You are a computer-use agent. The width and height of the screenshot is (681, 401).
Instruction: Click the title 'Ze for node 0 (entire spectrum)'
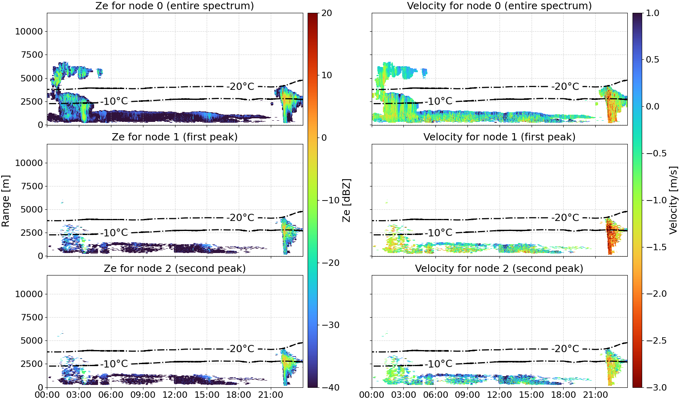[175, 6]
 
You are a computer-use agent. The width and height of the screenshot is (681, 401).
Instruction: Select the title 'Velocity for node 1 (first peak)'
[500, 137]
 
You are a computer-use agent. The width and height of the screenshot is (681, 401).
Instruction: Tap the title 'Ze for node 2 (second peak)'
[175, 268]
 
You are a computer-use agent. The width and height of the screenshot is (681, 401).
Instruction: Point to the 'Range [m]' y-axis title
[6, 201]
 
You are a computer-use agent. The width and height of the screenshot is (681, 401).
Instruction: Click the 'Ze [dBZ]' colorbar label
[346, 200]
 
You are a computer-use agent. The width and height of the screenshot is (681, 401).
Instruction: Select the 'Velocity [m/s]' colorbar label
[673, 200]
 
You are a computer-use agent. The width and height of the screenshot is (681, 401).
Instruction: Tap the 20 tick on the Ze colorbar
[326, 13]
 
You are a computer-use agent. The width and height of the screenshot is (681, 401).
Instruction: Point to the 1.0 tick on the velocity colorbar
[653, 13]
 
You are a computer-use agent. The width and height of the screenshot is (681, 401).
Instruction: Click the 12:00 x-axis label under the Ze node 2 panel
[175, 395]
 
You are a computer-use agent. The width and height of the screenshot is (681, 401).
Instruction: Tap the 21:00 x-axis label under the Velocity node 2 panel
[595, 395]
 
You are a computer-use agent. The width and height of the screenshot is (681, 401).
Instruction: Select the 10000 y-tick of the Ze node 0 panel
[29, 31]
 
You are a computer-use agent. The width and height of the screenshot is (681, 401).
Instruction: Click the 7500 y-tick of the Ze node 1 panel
[32, 186]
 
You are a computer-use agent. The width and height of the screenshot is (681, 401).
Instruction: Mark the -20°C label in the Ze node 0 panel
[240, 86]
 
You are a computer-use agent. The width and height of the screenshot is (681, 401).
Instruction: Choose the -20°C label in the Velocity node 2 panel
[565, 348]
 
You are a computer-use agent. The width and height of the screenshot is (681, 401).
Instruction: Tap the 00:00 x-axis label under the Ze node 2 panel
[47, 395]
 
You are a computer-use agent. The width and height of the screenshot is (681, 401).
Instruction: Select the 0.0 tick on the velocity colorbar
[653, 107]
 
